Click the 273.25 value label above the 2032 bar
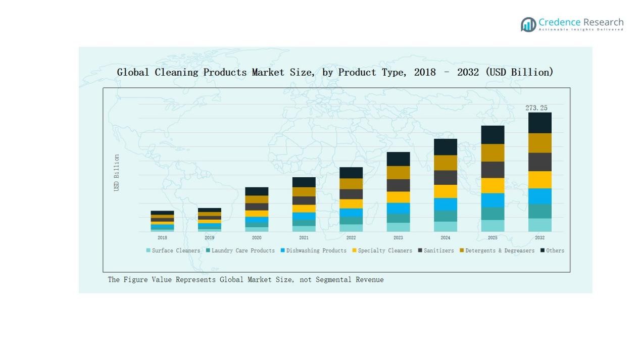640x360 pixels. coord(536,108)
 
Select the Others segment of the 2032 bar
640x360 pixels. coord(539,123)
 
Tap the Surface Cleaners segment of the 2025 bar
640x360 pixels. coord(493,226)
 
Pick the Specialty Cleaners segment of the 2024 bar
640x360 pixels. coord(445,191)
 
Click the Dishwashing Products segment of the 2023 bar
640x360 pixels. coord(398,208)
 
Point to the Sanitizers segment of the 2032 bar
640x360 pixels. coord(539,162)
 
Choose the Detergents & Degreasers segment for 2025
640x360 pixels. coord(493,153)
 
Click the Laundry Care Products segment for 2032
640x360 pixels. coord(539,211)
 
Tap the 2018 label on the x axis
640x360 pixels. coord(162,238)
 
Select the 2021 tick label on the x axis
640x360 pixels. coord(304,238)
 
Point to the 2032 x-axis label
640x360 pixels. coord(539,238)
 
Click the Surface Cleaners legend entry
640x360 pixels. coord(173,250)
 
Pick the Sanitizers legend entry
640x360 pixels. coord(436,250)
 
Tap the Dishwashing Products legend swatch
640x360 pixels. coord(283,250)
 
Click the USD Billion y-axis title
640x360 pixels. coord(117,173)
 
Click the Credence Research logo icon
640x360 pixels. coord(528,24)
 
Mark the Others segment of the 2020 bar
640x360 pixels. coord(257,191)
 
